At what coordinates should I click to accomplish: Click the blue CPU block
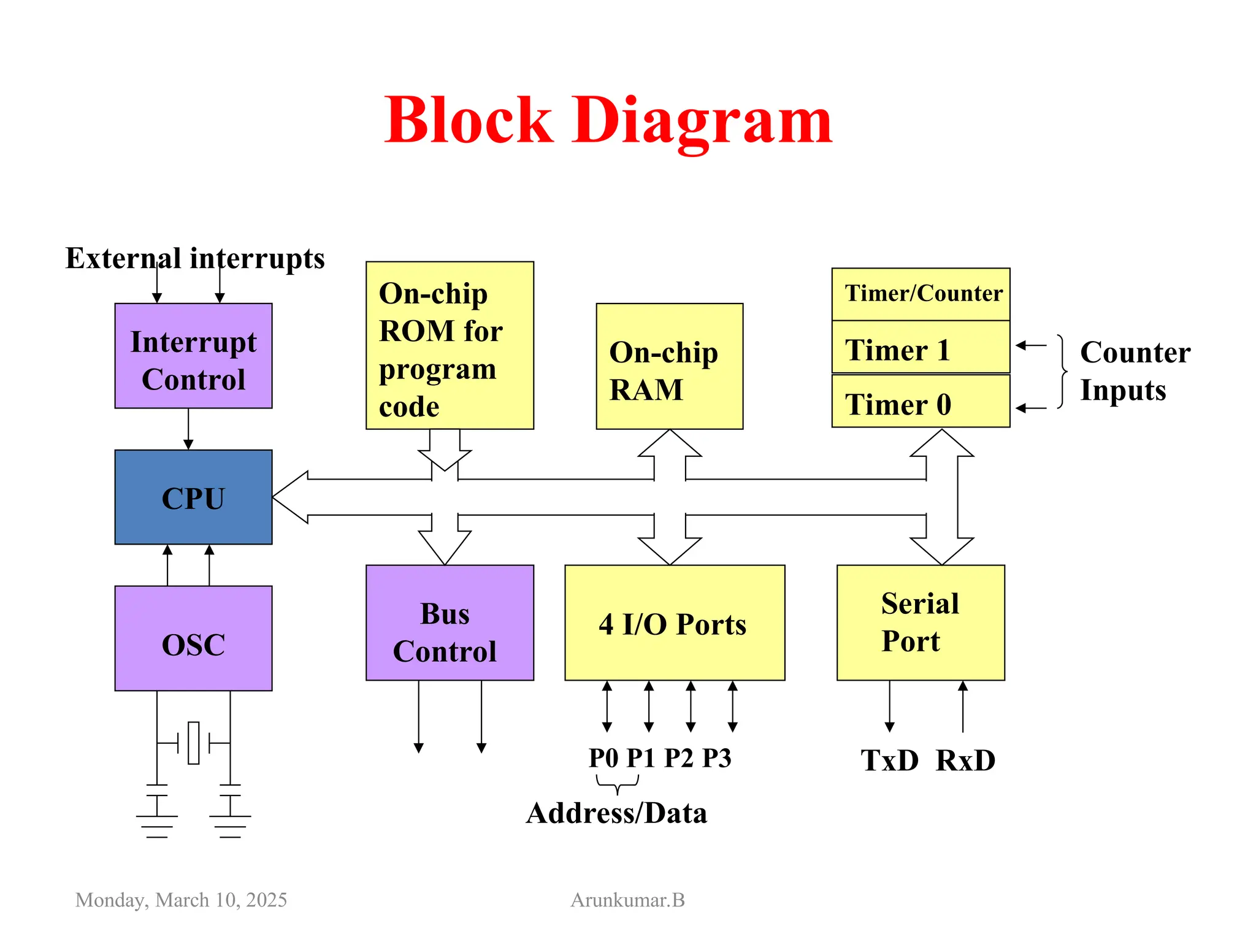(193, 497)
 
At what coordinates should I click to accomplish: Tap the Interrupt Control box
(193, 356)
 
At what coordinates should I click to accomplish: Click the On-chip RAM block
(669, 367)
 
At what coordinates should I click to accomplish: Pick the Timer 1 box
(921, 348)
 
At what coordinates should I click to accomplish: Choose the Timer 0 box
(921, 402)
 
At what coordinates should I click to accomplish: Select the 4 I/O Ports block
(674, 623)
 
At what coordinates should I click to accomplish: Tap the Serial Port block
(920, 623)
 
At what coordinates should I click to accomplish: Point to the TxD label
(889, 761)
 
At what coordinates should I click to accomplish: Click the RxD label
(965, 761)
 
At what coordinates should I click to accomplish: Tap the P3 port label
(716, 759)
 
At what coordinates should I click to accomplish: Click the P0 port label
(603, 759)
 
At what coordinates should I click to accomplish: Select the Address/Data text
(616, 814)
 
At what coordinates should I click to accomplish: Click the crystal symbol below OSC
(194, 743)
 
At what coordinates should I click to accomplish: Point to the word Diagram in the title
(702, 121)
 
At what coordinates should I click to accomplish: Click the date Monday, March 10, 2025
(181, 900)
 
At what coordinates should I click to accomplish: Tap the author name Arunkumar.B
(627, 900)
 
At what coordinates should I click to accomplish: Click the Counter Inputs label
(1135, 371)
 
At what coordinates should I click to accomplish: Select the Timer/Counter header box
(921, 294)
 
